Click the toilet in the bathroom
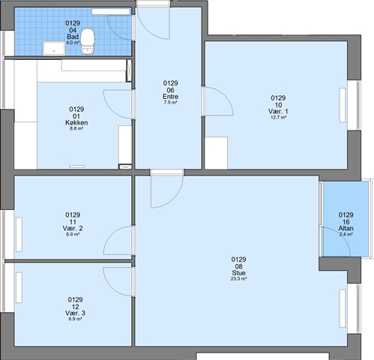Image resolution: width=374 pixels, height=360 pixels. (88, 41)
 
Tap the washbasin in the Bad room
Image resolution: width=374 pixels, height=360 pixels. (54, 48)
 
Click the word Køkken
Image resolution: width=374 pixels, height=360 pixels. (76, 123)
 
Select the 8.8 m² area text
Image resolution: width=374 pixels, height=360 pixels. (76, 128)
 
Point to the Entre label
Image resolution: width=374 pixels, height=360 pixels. (171, 97)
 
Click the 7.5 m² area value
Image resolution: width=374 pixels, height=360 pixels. (171, 102)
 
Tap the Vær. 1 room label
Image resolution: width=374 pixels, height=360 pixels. (278, 111)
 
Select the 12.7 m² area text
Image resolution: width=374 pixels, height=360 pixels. (278, 117)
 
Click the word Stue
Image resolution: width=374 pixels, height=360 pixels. (239, 273)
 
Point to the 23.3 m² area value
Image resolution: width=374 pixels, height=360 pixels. (239, 278)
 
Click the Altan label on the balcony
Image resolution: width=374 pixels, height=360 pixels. (346, 228)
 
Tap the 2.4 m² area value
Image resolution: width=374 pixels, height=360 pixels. (346, 234)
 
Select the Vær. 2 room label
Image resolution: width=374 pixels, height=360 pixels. (73, 228)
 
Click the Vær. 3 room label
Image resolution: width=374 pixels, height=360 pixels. (75, 313)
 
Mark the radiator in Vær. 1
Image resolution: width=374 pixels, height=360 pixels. (343, 105)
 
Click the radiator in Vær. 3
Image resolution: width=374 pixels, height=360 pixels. (19, 287)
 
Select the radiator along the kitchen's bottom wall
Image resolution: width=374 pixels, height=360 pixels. (77, 166)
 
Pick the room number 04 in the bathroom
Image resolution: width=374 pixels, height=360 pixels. (73, 30)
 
